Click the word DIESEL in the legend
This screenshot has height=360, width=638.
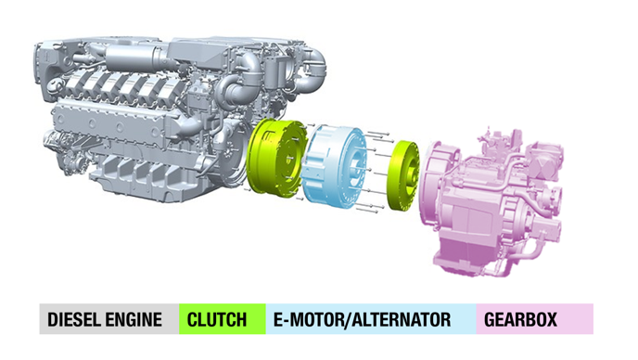point(74,320)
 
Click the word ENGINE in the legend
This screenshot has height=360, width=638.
point(134,320)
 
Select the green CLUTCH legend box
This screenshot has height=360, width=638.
point(223,319)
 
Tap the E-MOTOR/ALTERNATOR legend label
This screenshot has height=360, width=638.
point(362,320)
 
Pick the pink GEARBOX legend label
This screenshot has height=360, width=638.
point(520,320)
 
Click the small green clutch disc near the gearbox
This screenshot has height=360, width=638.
point(402,175)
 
